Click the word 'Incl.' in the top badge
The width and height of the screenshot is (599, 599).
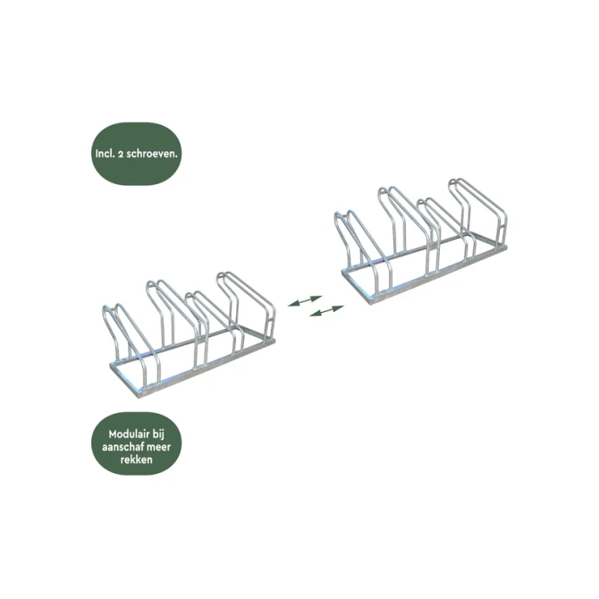105,154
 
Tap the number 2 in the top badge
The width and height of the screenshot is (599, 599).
121,154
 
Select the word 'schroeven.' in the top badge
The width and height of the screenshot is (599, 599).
152,154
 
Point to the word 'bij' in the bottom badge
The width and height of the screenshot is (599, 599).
158,435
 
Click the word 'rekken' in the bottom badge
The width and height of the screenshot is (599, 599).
137,460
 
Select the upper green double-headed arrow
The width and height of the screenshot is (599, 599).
305,300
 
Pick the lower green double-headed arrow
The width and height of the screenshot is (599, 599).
326,311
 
